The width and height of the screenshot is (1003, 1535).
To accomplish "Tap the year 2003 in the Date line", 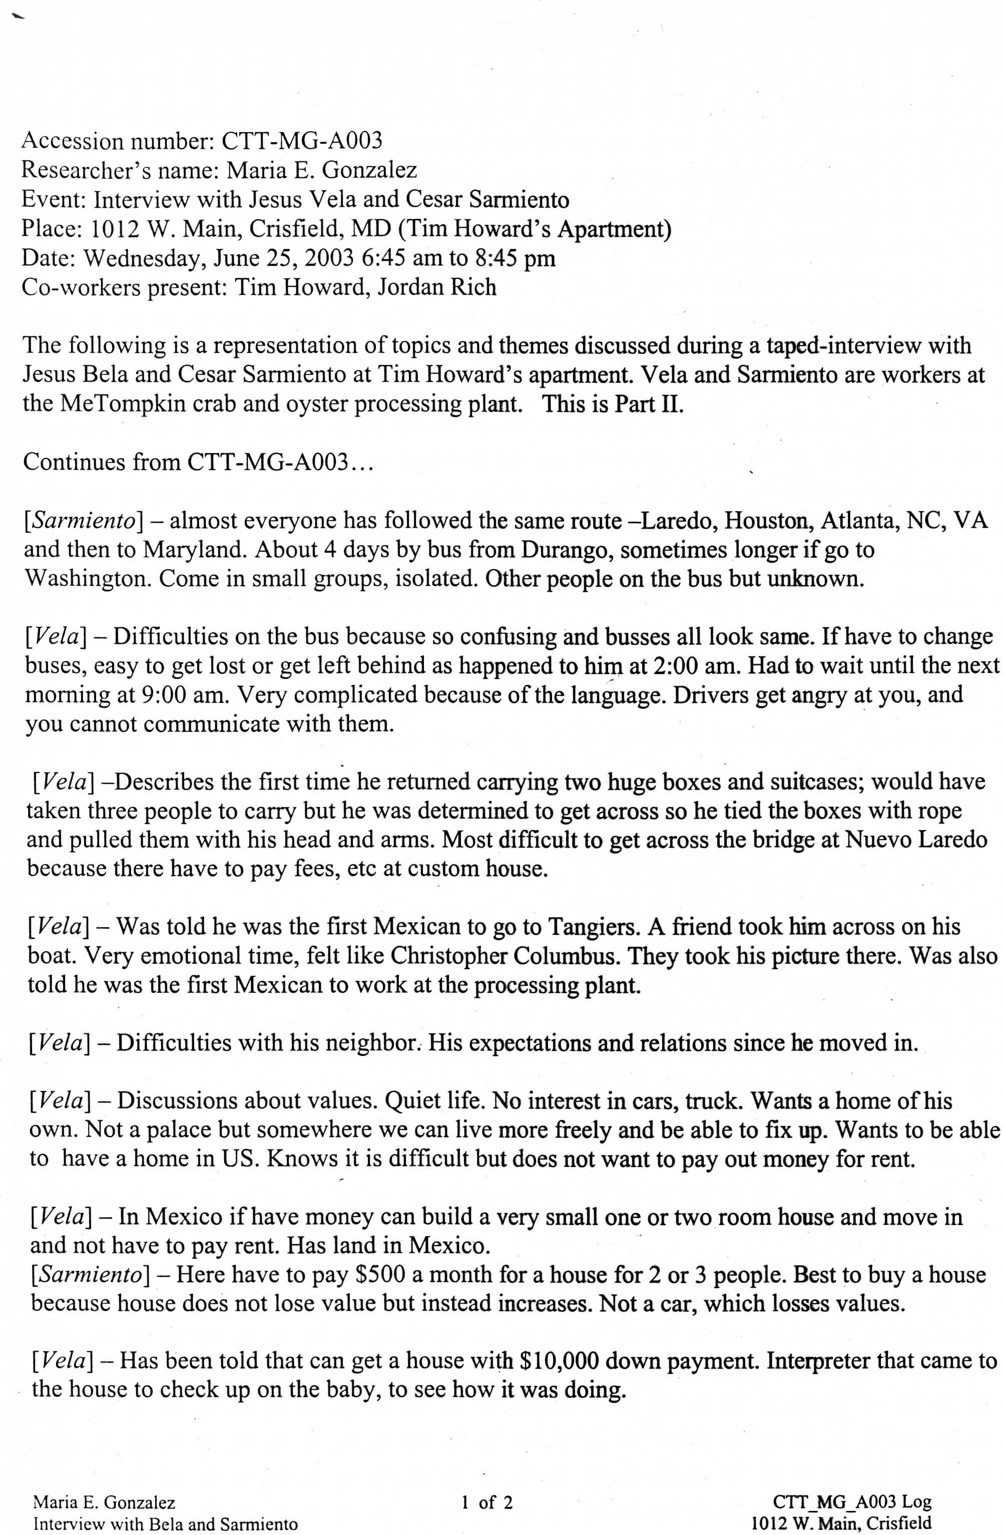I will point(329,258).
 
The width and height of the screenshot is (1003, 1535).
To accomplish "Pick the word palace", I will point(181,1130).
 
